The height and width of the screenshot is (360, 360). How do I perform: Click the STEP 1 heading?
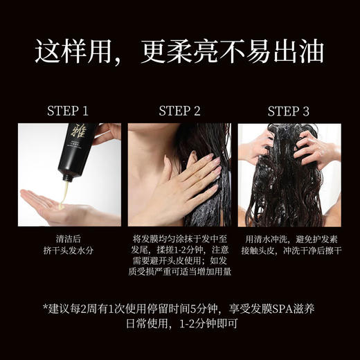click(67, 111)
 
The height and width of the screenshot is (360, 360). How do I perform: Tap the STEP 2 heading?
click(179, 111)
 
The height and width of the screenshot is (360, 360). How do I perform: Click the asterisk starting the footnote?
click(46, 307)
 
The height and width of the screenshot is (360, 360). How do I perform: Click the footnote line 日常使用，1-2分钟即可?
click(179, 323)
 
